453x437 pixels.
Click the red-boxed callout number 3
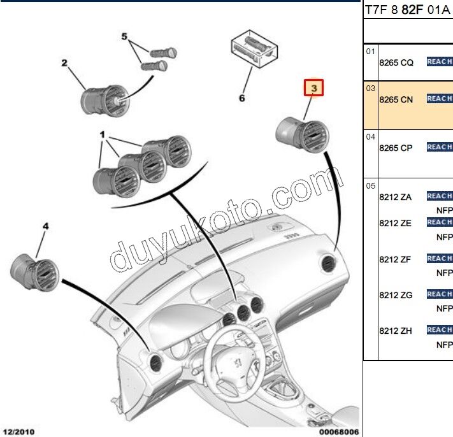313,87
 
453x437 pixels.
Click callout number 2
64,62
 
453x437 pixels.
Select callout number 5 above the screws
125,36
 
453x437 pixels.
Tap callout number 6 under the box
241,98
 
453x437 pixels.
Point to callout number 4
45,226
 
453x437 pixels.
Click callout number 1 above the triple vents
102,136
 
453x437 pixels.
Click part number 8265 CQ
396,62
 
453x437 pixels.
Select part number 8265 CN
396,99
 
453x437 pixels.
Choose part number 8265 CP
396,148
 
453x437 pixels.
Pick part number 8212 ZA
396,197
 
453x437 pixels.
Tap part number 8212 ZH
396,331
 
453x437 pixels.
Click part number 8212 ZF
396,259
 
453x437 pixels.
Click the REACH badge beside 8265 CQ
439,62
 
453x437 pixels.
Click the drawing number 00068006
338,432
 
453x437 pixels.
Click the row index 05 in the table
370,185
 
